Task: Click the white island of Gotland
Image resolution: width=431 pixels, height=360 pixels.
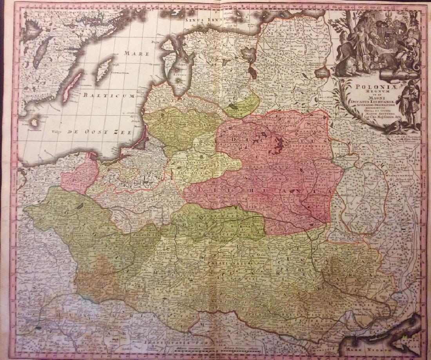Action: tap(103, 69)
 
